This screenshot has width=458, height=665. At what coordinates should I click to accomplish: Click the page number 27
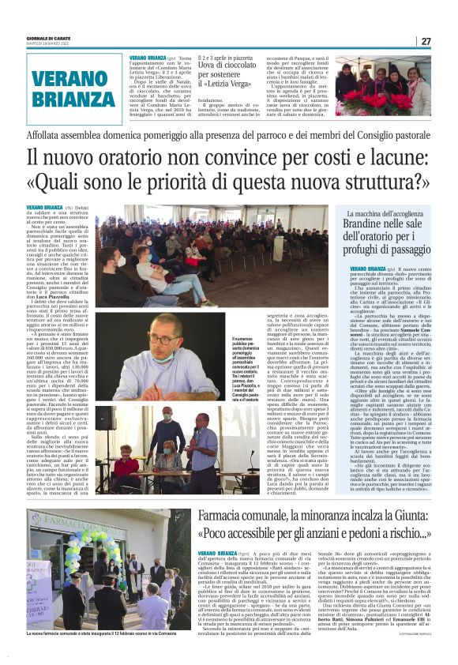pyautogui.click(x=425, y=41)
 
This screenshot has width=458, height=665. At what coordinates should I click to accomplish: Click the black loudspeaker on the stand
pyautogui.click(x=106, y=417)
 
